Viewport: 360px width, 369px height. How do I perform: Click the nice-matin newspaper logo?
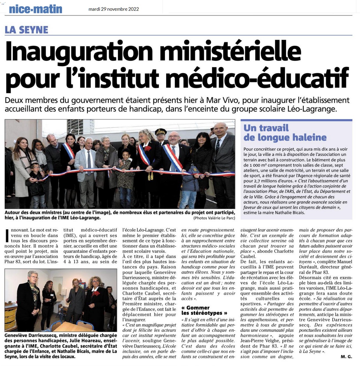coord(35,9)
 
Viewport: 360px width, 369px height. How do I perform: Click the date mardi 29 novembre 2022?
coord(114,9)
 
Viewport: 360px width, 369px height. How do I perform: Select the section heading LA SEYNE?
coord(27,30)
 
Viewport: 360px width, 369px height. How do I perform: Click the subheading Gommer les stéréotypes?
coord(204,310)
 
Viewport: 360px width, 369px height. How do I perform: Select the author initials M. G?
coord(346,357)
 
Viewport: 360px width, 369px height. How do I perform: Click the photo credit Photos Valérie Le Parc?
coord(214,218)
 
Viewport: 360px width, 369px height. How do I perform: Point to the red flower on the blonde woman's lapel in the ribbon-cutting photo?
coord(148,148)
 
